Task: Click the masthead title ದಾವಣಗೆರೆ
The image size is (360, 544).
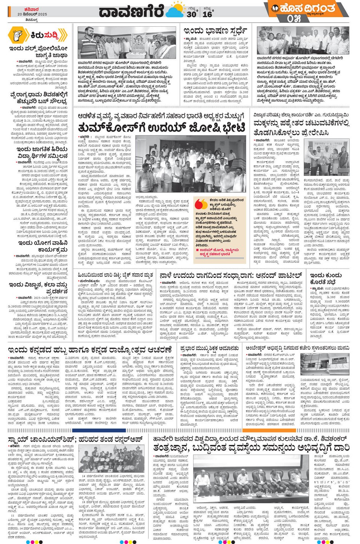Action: click(131, 11)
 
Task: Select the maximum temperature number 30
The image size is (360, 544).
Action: click(192, 14)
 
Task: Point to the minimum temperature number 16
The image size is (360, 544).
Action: click(207, 14)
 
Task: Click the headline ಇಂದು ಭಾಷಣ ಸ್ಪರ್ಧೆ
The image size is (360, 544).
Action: click(215, 30)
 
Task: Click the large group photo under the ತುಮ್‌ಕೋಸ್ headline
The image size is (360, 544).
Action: click(190, 164)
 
